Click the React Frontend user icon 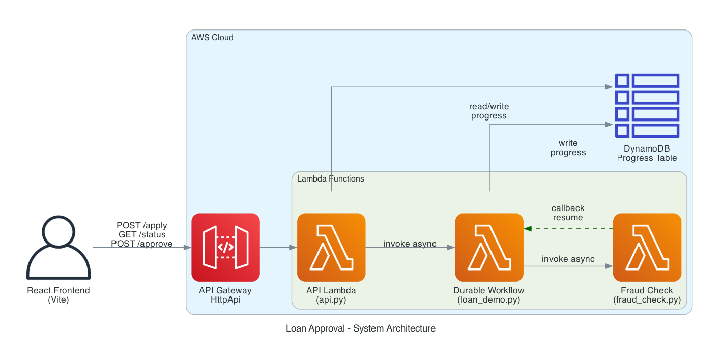coord(59,248)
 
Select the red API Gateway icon coord(225,247)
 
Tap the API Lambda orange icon coord(331,247)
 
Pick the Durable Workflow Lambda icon coord(489,247)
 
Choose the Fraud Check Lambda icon coord(647,247)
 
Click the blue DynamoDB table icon coord(647,105)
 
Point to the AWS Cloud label coord(212,38)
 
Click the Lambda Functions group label coord(330,179)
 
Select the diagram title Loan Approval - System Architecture coord(360,328)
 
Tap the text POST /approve coord(142,244)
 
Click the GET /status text coord(142,234)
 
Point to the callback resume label coord(568,213)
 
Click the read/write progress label coord(488,111)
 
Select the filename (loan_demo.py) coord(489,300)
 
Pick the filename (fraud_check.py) coord(647,300)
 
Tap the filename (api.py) coord(331,300)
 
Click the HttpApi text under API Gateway coord(225,300)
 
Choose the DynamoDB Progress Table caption coord(647,153)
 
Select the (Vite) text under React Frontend coord(59,300)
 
